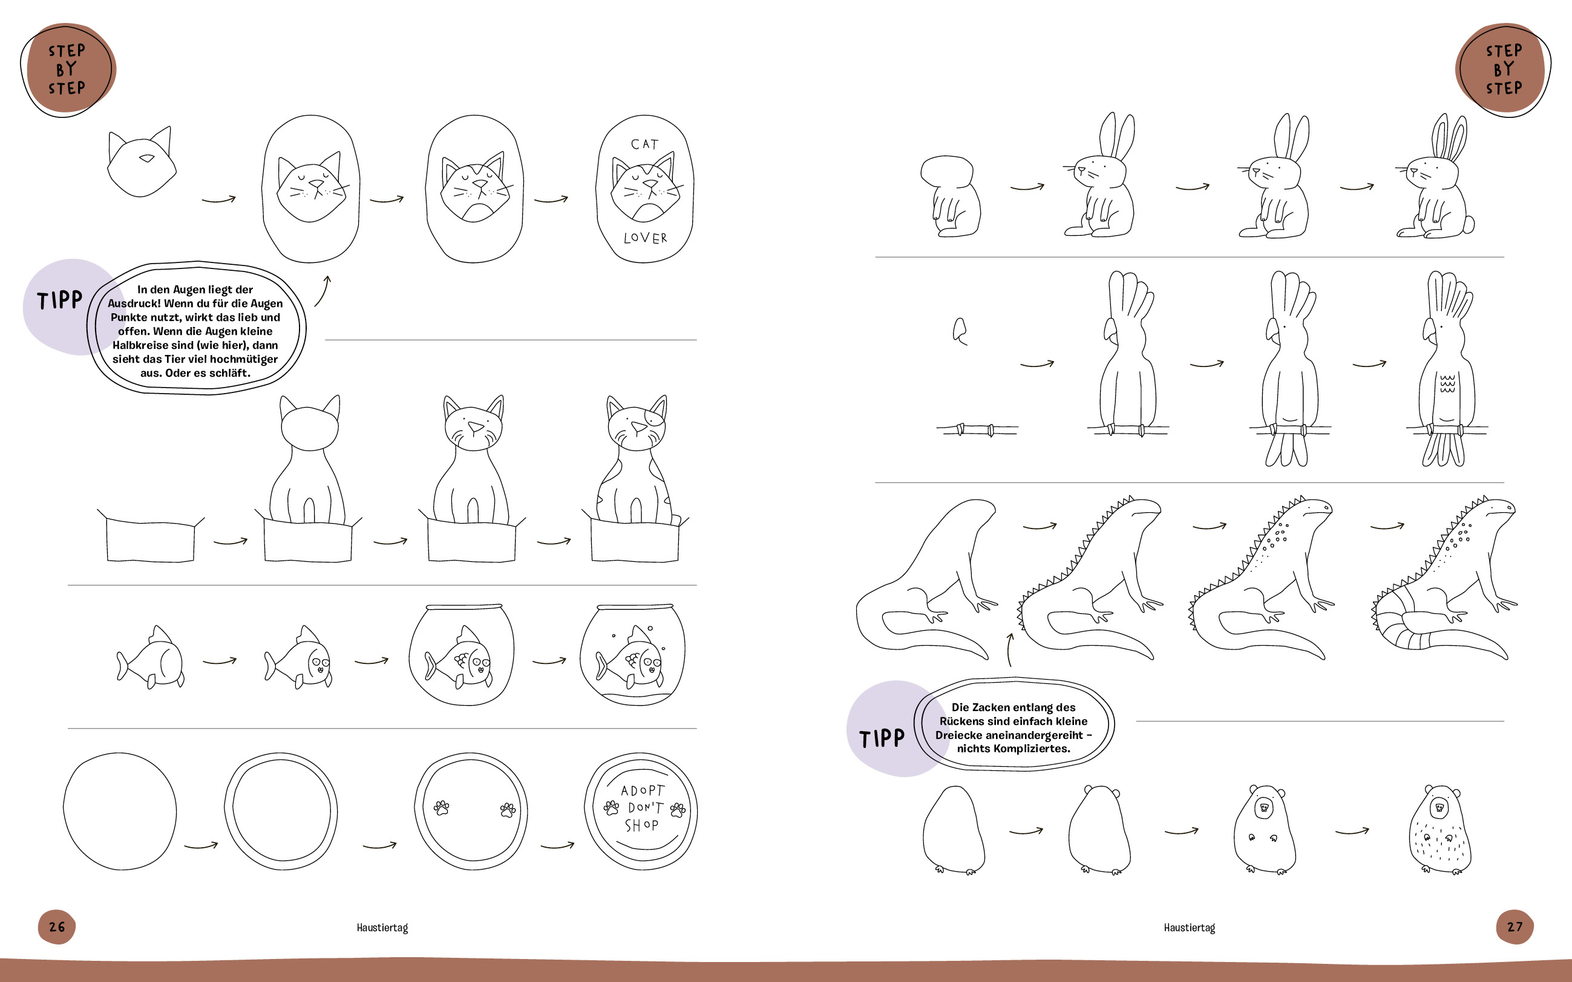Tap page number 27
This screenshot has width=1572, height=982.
[x=1515, y=927]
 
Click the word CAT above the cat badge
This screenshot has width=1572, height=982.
[x=644, y=144]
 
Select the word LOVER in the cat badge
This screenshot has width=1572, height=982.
[x=645, y=238]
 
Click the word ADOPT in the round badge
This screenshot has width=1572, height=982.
[x=643, y=790]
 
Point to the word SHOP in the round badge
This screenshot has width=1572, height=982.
[x=641, y=825]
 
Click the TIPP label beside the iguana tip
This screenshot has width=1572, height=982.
[x=882, y=738]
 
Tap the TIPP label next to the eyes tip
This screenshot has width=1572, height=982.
[x=60, y=300]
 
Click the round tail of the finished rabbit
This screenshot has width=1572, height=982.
[x=1467, y=225]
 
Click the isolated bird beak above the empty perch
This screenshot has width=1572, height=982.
[x=960, y=331]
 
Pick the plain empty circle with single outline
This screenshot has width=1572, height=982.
[x=120, y=811]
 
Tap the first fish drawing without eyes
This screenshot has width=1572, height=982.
[x=150, y=657]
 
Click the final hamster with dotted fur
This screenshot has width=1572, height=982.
[x=1439, y=830]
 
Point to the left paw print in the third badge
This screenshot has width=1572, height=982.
[x=442, y=808]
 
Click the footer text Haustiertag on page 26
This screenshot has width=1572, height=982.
[x=382, y=928]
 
